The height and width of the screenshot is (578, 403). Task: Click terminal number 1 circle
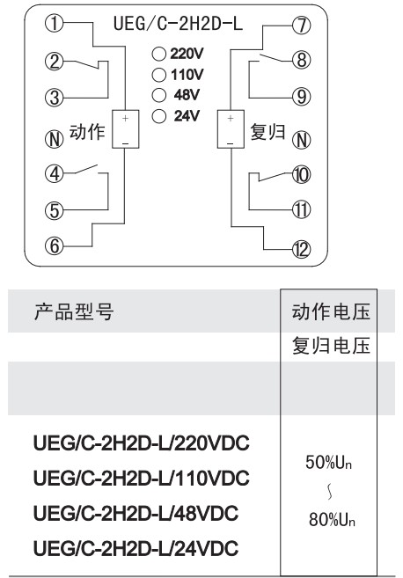click(55, 24)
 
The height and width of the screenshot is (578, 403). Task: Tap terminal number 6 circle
click(55, 245)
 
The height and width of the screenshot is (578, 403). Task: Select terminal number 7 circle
click(302, 26)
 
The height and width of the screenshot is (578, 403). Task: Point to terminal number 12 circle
click(302, 250)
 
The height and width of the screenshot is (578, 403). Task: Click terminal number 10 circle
click(302, 175)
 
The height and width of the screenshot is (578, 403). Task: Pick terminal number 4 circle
click(55, 173)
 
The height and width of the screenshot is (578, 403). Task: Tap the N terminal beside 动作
click(55, 139)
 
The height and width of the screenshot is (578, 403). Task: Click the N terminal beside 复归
click(302, 140)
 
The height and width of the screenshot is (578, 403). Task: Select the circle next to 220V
click(159, 55)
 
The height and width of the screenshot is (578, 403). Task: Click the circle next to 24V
click(159, 116)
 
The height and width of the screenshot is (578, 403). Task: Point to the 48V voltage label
click(187, 95)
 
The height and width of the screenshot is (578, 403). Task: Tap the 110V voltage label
click(187, 75)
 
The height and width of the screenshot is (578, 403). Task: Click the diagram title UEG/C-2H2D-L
click(178, 24)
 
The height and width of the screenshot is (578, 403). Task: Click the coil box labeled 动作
click(125, 129)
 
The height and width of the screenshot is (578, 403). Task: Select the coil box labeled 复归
click(231, 129)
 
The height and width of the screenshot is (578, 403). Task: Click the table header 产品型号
click(74, 311)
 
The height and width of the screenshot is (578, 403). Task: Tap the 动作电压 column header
click(331, 311)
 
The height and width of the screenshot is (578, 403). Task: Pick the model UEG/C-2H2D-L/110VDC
click(142, 478)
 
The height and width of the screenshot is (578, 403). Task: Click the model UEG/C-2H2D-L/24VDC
click(136, 548)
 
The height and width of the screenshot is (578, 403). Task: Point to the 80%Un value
click(332, 519)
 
